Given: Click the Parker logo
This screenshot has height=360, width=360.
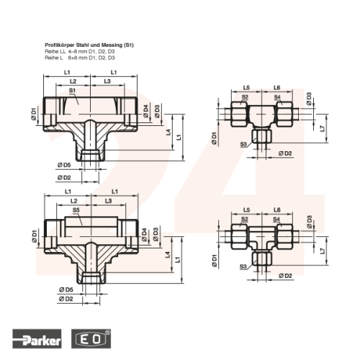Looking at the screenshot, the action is [x=37, y=338].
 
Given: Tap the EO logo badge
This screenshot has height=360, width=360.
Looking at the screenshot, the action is [x=91, y=338].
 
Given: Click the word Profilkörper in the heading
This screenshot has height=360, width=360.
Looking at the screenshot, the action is [x=60, y=45].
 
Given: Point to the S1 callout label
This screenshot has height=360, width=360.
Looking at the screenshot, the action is [x=72, y=91].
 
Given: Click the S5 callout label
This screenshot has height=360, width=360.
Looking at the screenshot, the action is [x=76, y=210].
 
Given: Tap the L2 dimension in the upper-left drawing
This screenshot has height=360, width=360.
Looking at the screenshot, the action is [x=73, y=81].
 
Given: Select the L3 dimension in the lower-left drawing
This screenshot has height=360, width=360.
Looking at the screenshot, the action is [x=109, y=201].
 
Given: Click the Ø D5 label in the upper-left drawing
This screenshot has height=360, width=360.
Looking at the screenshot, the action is [x=64, y=165].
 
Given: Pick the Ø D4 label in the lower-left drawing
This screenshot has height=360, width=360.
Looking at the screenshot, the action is [x=144, y=235].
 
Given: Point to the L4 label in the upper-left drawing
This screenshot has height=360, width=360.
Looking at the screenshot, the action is [x=168, y=132].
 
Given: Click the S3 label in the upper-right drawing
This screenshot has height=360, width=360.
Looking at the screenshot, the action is [x=243, y=144].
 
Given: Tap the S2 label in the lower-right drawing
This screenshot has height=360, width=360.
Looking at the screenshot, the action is [x=245, y=219].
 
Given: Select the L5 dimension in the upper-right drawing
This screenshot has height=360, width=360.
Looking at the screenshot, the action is [x=246, y=88].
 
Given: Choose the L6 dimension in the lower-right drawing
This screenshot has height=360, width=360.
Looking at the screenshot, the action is [x=277, y=210].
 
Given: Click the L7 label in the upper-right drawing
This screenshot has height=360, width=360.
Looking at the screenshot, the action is [x=323, y=129].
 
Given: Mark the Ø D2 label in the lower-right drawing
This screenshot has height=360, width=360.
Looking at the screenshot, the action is [x=285, y=276].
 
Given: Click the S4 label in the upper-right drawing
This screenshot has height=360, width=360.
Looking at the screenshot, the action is [x=277, y=97].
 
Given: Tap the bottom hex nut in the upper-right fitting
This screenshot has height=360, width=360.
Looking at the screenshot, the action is [x=262, y=136].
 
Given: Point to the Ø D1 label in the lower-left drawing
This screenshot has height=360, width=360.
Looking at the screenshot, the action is [x=35, y=236].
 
